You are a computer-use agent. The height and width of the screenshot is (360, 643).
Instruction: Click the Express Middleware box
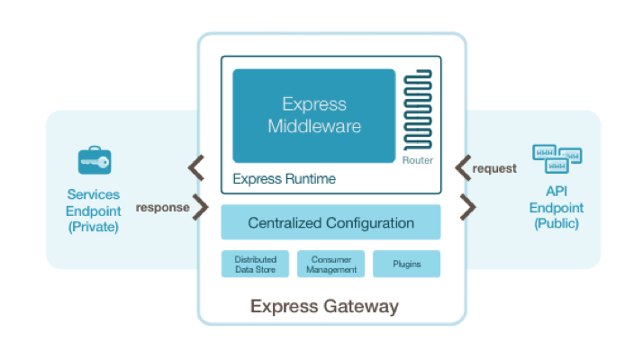point(313,115)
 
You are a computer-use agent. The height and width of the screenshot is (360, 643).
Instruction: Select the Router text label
point(418,160)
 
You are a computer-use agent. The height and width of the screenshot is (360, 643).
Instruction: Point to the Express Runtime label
point(284,178)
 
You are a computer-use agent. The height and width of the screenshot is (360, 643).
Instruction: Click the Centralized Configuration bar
point(331,222)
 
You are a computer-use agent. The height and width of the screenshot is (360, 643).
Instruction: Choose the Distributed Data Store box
point(255,264)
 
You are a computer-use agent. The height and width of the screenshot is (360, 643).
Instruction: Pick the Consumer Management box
point(331,264)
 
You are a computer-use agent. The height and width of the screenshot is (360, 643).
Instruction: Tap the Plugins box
point(407,264)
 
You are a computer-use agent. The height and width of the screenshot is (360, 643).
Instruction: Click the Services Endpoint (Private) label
point(94,210)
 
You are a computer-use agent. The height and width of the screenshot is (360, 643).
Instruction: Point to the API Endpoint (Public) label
point(557,210)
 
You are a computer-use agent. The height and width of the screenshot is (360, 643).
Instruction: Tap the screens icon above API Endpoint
point(557,158)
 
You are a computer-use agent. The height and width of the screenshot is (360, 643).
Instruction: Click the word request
point(494,167)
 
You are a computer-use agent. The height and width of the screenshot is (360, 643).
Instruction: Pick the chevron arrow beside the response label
point(201,207)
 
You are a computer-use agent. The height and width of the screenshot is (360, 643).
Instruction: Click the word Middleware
point(314,126)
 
